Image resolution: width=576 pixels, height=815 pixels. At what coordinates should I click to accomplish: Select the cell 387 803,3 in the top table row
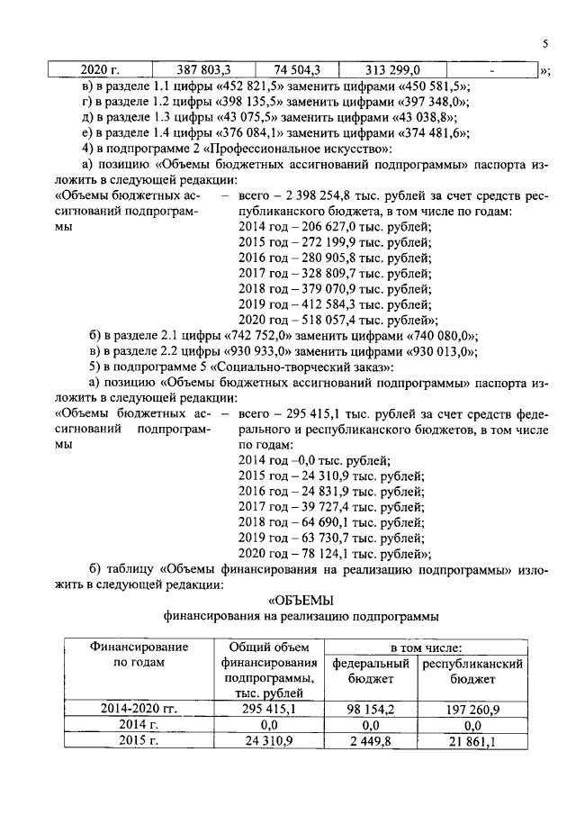[x=203, y=68]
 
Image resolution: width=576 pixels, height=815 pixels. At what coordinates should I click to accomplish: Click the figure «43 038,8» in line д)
[x=419, y=117]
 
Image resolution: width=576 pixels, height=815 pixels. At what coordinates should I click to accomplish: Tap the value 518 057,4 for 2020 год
[x=334, y=320]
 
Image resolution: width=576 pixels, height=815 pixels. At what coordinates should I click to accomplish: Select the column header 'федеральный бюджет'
[x=371, y=671]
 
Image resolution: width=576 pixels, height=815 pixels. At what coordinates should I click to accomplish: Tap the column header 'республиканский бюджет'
[x=473, y=671]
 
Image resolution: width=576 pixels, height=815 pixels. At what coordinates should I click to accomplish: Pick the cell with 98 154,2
[x=371, y=710]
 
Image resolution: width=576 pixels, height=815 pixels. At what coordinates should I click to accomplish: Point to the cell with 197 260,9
[x=473, y=710]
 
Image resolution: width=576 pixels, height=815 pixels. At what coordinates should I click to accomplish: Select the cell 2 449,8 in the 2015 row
[x=371, y=742]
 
